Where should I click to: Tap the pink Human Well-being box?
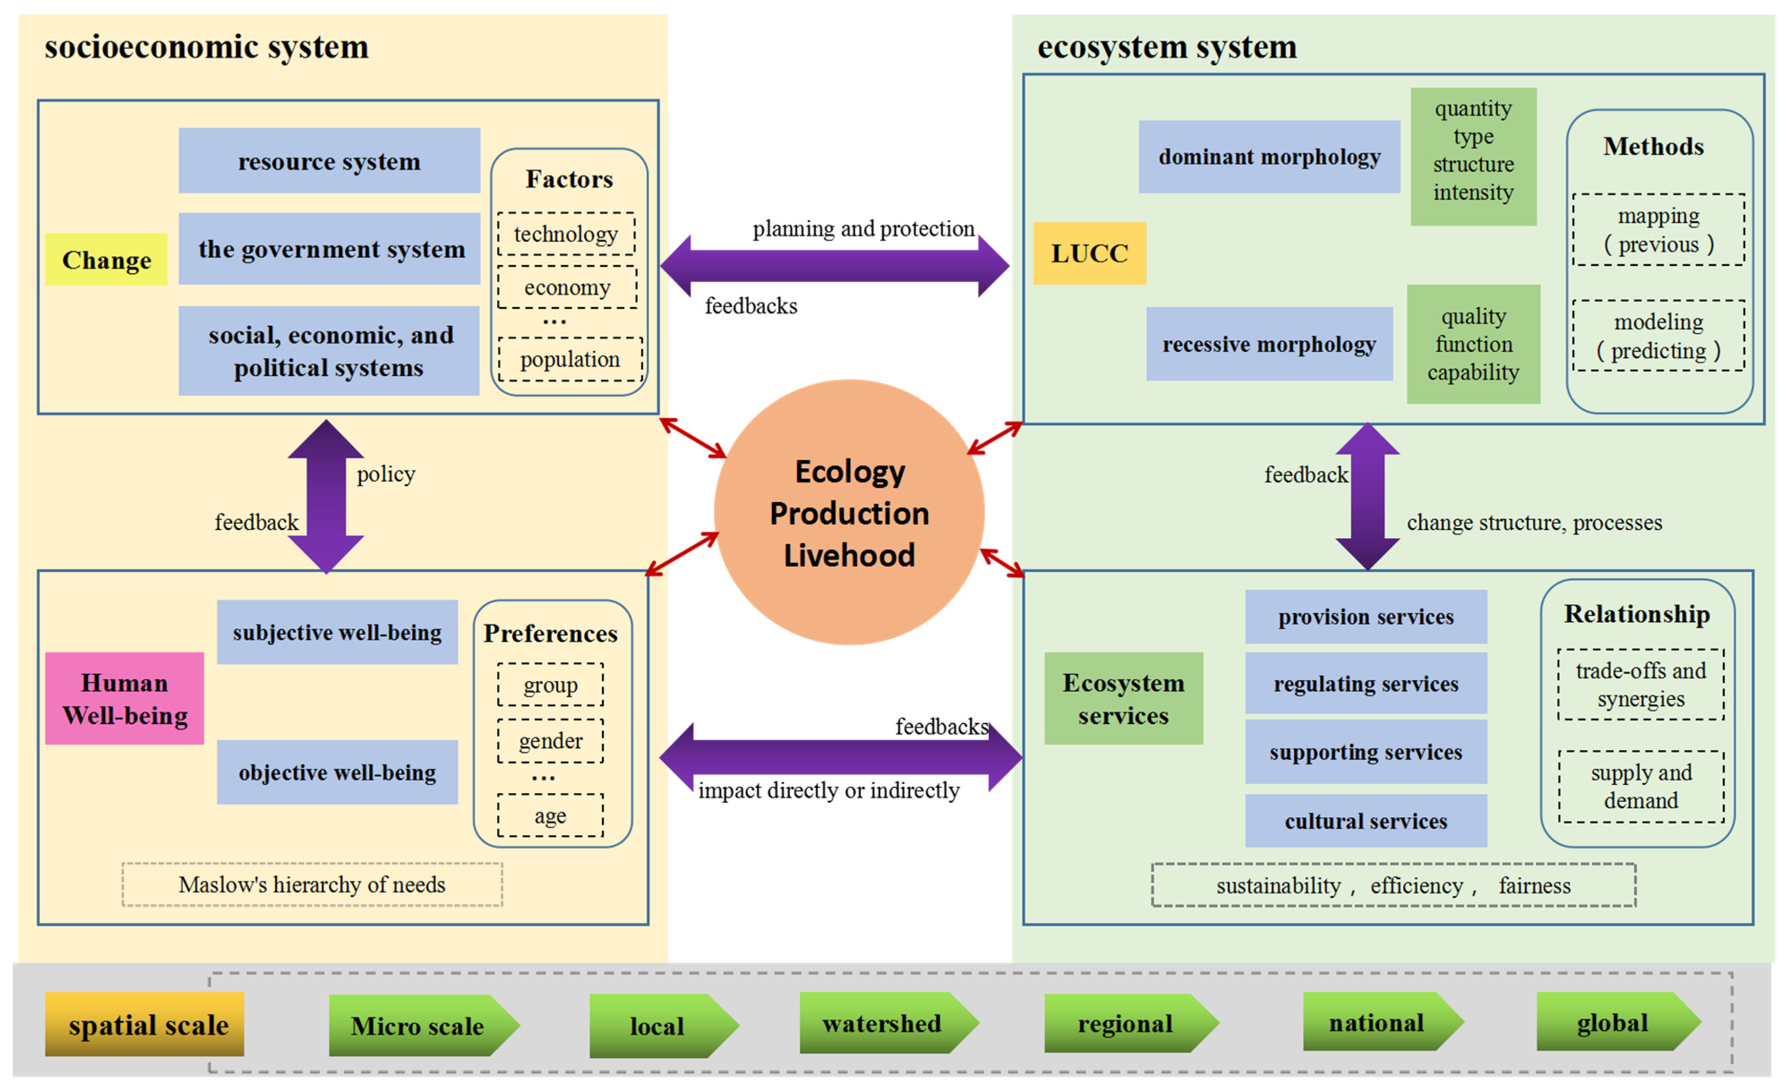[124, 699]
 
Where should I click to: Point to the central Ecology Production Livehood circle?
[849, 513]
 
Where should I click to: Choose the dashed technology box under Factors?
[566, 234]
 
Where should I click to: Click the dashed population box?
[570, 359]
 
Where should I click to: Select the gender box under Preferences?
[550, 741]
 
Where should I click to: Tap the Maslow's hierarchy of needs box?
[312, 885]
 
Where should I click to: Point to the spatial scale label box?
[145, 1025]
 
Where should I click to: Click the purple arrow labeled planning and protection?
[834, 266]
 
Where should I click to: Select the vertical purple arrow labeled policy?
[326, 497]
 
